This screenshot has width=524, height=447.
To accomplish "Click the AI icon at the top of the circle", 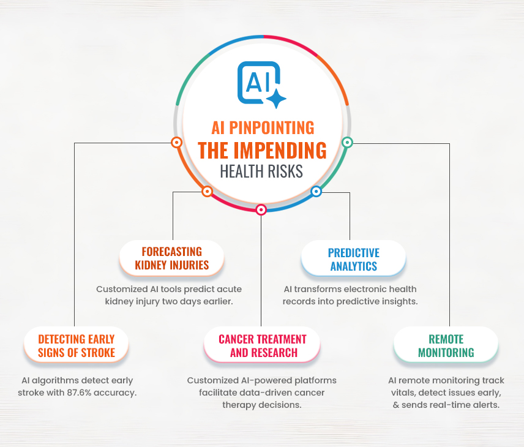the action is pyautogui.click(x=261, y=85).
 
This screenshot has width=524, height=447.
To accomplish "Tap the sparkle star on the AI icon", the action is pyautogui.click(x=276, y=99).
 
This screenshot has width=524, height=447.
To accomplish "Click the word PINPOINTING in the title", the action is pyautogui.click(x=271, y=128).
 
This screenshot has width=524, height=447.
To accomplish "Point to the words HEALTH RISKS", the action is pyautogui.click(x=261, y=171).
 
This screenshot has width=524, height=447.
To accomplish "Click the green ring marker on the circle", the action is pyautogui.click(x=347, y=143).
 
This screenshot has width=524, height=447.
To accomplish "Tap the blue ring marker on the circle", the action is pyautogui.click(x=316, y=192).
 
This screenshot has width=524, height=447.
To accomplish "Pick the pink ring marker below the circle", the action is pyautogui.click(x=261, y=210).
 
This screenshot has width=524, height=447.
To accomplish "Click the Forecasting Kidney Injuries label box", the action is pyautogui.click(x=172, y=258).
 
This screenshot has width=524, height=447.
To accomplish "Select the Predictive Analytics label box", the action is pyautogui.click(x=354, y=259).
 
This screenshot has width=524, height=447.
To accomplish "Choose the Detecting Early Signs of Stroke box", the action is pyautogui.click(x=76, y=345).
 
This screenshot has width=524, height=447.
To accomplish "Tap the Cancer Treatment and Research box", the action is pyautogui.click(x=263, y=345).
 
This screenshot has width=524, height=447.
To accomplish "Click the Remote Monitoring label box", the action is pyautogui.click(x=446, y=345).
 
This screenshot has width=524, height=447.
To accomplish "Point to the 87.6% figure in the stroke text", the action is pyautogui.click(x=79, y=393).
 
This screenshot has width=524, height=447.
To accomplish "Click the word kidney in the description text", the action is pyautogui.click(x=119, y=301).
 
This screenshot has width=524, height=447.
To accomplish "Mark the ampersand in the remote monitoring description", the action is pyautogui.click(x=396, y=405).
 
